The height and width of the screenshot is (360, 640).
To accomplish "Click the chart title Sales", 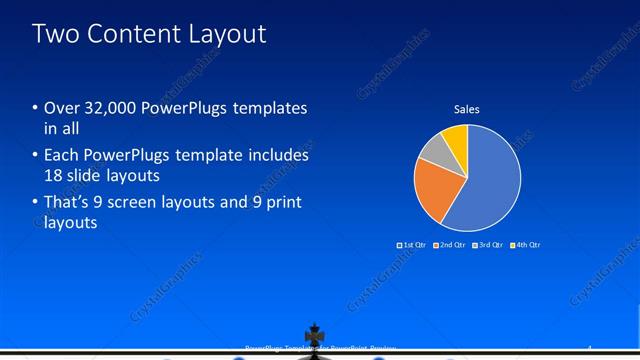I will click(467, 109).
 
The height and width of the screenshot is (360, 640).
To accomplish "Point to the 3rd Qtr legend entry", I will click(489, 245).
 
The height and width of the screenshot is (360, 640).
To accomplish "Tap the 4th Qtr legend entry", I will click(527, 245).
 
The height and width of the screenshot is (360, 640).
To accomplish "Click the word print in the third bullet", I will click(282, 203).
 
